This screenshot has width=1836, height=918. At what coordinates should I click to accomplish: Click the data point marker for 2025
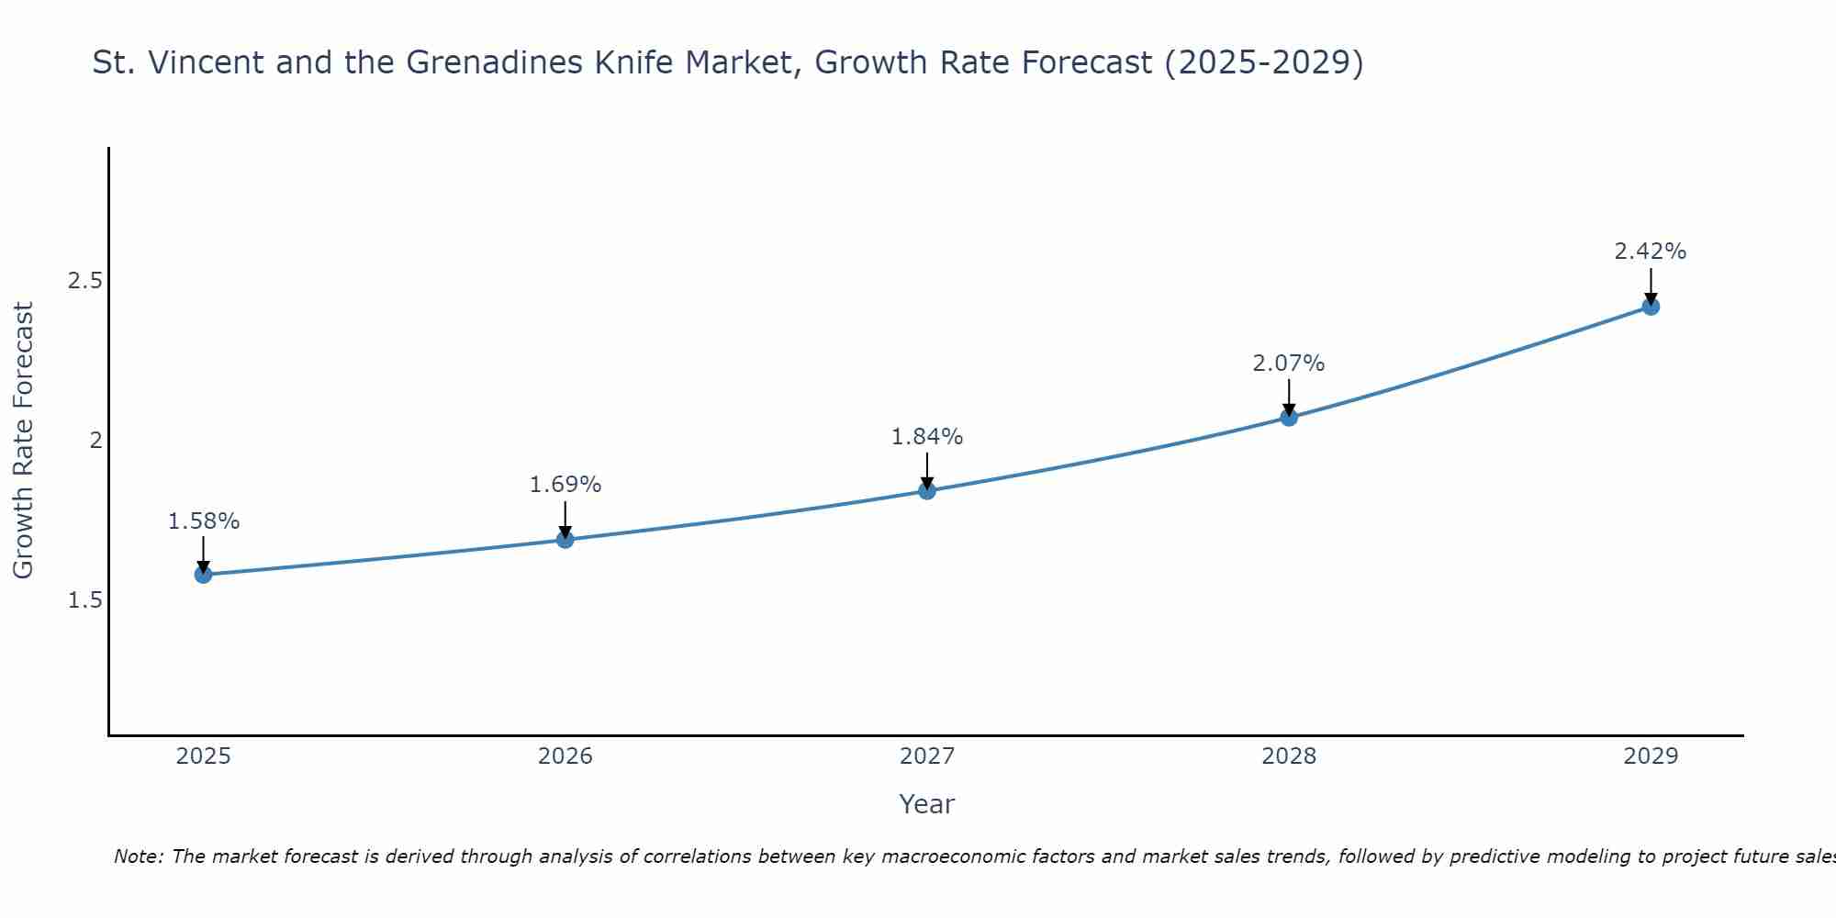[203, 575]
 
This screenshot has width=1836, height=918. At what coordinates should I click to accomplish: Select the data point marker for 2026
[565, 540]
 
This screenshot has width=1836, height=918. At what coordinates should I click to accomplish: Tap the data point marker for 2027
[927, 491]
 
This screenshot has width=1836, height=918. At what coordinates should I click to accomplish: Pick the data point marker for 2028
[1289, 418]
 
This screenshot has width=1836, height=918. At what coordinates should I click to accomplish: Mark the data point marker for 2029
[1651, 307]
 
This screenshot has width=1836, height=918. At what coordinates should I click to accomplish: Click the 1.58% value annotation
[203, 521]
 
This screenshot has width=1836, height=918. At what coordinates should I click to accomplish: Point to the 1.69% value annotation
[565, 485]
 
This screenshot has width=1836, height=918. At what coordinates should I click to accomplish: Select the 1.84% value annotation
[927, 437]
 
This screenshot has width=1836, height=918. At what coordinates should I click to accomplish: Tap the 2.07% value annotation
[1289, 364]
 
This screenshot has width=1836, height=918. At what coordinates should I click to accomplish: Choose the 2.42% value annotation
[1651, 252]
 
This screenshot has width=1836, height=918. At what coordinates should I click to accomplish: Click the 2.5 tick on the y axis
[84, 281]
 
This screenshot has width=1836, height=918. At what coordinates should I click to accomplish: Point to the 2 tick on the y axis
[95, 441]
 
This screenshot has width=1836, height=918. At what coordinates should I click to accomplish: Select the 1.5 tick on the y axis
[84, 600]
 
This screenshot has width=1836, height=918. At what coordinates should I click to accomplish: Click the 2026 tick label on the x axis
[565, 756]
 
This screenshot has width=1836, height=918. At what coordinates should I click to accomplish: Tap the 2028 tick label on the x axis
[1289, 756]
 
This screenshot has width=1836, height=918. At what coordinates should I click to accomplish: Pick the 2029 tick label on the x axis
[1651, 756]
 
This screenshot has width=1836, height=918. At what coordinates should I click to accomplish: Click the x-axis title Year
[927, 804]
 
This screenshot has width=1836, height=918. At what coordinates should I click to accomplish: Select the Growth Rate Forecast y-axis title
[24, 441]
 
